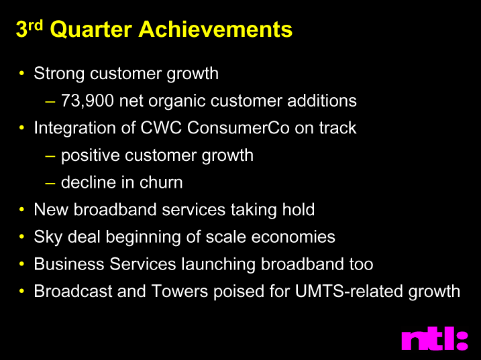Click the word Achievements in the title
[x=215, y=29]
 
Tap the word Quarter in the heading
[x=91, y=29]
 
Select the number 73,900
[x=87, y=101]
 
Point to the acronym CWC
[x=161, y=127]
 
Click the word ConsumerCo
[x=238, y=127]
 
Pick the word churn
[x=161, y=182]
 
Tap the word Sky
[x=48, y=237]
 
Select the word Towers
[x=180, y=291]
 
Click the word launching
[x=219, y=264]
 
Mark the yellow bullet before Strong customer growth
[x=21, y=73]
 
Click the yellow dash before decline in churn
[x=50, y=183]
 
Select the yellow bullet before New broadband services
[x=21, y=209]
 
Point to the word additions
[x=322, y=101]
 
